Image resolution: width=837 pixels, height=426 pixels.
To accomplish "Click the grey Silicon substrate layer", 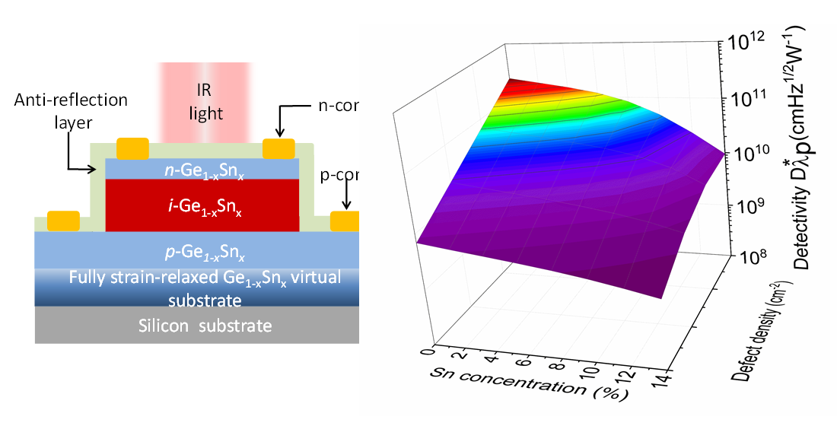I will (x=205, y=326).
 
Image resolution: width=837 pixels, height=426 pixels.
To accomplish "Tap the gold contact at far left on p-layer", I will (x=63, y=221).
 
